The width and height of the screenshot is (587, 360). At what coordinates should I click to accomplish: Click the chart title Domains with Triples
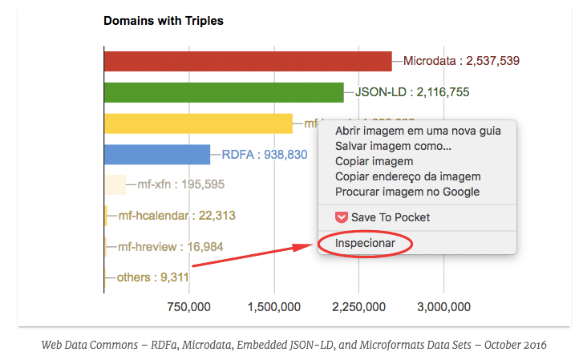coord(163,21)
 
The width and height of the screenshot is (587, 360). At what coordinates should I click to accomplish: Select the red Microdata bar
coord(247,61)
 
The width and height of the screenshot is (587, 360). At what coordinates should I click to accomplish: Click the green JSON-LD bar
coord(223,92)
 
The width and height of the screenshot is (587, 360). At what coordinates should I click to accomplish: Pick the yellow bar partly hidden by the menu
coord(198,123)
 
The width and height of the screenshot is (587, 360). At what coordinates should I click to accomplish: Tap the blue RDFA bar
coord(156,154)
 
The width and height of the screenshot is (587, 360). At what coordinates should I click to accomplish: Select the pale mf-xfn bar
coord(115,184)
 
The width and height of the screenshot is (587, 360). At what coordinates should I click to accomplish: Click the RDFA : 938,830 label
coord(265,154)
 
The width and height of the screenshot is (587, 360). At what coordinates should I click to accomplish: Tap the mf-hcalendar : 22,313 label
coord(176,216)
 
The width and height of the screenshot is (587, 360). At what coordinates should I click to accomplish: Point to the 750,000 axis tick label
coord(188,306)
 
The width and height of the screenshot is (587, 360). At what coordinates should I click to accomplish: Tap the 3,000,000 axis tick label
coord(443,306)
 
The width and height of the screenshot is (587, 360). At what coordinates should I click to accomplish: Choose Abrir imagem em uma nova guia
coord(418,131)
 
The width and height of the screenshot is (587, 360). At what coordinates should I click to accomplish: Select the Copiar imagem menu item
coord(374,162)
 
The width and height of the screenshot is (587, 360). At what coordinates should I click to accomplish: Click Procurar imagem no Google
coord(407,192)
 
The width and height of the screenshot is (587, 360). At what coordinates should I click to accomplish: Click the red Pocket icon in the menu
coord(341,217)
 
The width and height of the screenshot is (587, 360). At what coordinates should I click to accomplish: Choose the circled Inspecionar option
coord(365,242)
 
